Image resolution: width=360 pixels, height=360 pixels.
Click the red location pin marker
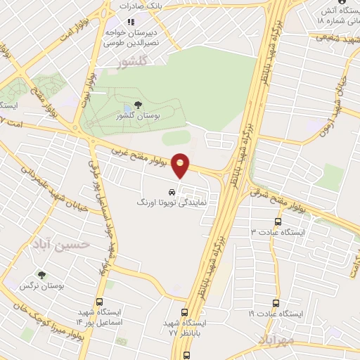[x=181, y=165]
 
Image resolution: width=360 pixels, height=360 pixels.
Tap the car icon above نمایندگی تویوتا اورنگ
[x=171, y=191]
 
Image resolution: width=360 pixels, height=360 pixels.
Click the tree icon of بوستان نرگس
[x=44, y=276]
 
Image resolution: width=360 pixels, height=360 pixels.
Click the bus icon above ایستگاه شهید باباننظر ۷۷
[x=185, y=313]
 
